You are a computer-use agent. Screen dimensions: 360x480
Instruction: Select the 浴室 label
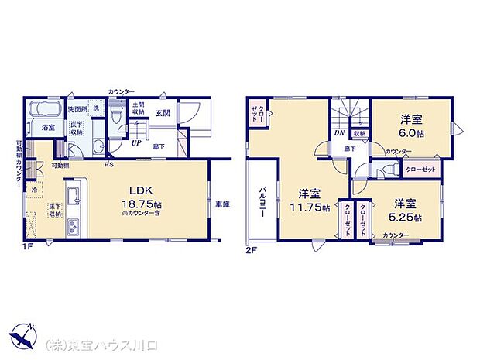(x=47, y=126)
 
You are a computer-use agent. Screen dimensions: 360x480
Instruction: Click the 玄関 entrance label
(x=162, y=113)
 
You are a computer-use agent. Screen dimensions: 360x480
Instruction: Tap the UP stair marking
(x=136, y=142)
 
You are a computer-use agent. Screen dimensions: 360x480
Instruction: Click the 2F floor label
(x=252, y=250)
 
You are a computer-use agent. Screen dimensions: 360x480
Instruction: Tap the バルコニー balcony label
(x=262, y=203)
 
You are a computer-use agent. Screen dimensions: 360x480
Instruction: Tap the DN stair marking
(x=338, y=132)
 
